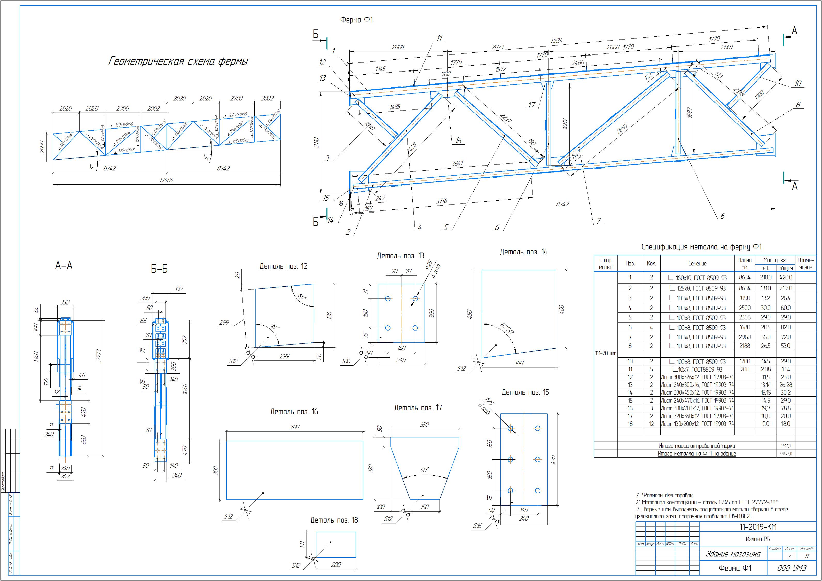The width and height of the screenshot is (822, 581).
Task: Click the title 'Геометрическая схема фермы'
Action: click(178, 61)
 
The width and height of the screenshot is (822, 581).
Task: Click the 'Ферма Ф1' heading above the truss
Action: click(356, 20)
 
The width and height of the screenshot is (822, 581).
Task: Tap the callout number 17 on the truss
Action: click(532, 105)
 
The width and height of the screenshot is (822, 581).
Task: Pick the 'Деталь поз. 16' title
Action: click(294, 412)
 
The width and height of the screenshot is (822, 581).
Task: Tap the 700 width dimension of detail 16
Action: click(295, 427)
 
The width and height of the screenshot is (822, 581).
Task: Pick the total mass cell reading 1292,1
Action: click(786, 446)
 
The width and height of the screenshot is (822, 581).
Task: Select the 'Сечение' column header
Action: click(697, 263)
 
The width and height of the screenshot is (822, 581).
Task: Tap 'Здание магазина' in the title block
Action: click(733, 554)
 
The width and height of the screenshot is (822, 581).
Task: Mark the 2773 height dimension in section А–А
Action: click(99, 356)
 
